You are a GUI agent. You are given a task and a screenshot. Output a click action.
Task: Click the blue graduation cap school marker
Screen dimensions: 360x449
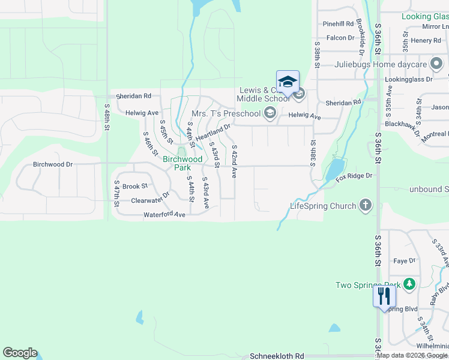(288, 82)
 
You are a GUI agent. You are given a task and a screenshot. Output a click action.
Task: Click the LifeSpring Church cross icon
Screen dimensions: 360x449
(364, 206)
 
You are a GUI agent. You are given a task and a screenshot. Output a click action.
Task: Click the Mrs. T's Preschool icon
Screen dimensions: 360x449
(270, 113)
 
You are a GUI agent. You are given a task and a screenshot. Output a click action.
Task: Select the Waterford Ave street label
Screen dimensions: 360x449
(164, 214)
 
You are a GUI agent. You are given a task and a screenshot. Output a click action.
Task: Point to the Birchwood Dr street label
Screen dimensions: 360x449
(53, 164)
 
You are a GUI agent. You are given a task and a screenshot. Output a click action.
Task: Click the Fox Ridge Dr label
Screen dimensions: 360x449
(354, 176)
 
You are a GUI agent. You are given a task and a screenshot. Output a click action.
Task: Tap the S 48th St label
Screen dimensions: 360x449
(107, 121)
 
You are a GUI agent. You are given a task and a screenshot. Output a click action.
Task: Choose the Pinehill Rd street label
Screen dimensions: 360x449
(338, 24)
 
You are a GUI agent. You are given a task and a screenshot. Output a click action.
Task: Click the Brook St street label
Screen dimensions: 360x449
(135, 187)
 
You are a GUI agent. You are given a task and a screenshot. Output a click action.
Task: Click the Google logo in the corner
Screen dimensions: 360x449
(20, 353)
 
